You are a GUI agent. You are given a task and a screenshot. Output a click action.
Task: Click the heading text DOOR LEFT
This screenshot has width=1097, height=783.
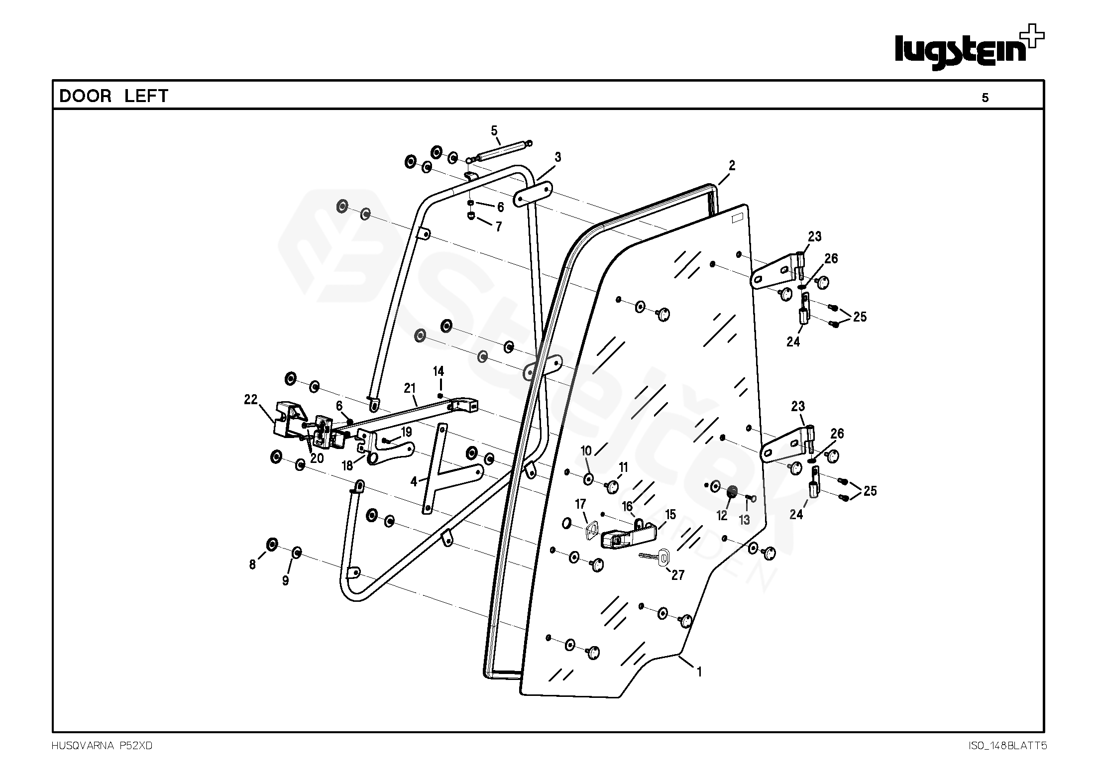coord(114,96)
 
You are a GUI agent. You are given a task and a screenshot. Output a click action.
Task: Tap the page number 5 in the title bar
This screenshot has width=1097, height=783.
coord(985,98)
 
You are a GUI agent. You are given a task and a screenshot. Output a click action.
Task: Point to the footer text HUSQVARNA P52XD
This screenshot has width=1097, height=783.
coord(102,746)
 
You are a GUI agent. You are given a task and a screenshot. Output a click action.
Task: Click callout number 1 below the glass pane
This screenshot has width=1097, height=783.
coord(699,672)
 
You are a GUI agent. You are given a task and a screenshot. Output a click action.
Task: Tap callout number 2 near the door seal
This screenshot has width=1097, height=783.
coord(732,165)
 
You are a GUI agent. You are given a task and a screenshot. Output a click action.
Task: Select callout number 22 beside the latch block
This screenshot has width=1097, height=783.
coord(251,399)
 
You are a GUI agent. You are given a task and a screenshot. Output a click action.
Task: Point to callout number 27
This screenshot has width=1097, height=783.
coord(678,575)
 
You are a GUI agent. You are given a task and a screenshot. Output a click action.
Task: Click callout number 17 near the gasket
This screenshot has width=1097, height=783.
coord(580,504)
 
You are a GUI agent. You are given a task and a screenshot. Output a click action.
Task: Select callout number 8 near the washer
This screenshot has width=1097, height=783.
coord(252,564)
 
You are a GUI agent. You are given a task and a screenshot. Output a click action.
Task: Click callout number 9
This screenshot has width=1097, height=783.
coord(285,581)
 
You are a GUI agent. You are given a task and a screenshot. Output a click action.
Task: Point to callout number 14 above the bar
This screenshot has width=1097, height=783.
coord(439,371)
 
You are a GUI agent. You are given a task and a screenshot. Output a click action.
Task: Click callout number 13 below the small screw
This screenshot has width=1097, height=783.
coord(744,520)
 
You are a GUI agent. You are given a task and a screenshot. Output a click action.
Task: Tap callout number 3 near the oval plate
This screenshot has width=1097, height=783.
coord(558,157)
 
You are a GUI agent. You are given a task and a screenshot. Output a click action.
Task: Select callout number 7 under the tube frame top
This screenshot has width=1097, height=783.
coord(498,227)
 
